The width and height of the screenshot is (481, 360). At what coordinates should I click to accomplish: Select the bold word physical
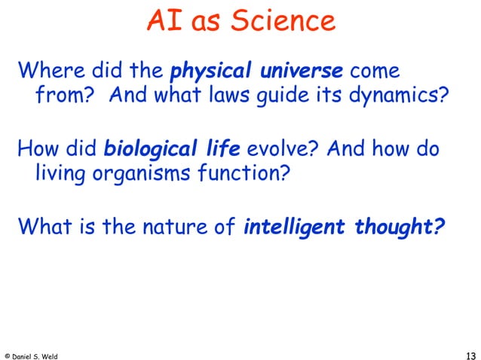[213, 72]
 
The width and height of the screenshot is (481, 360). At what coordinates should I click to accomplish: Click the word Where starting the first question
[48, 72]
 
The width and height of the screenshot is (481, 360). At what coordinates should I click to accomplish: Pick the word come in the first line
[374, 73]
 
